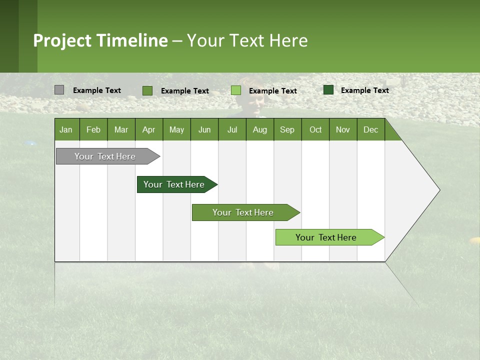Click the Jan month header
66,129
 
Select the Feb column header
93,129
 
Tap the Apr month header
148,129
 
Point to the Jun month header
204,129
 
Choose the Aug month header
259,129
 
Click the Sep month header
287,129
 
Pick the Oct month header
315,129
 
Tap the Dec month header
370,129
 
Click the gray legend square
59,90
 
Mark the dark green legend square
328,90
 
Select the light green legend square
236,90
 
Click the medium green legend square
147,90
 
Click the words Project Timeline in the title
100,40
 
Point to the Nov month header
343,129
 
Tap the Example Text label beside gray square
97,90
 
